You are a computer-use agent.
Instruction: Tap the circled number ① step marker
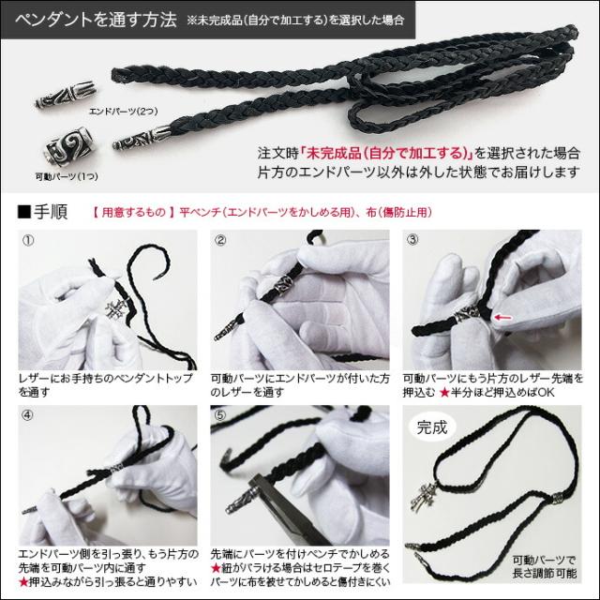pyautogui.click(x=27, y=240)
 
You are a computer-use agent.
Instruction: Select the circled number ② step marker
pyautogui.click(x=221, y=240)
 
